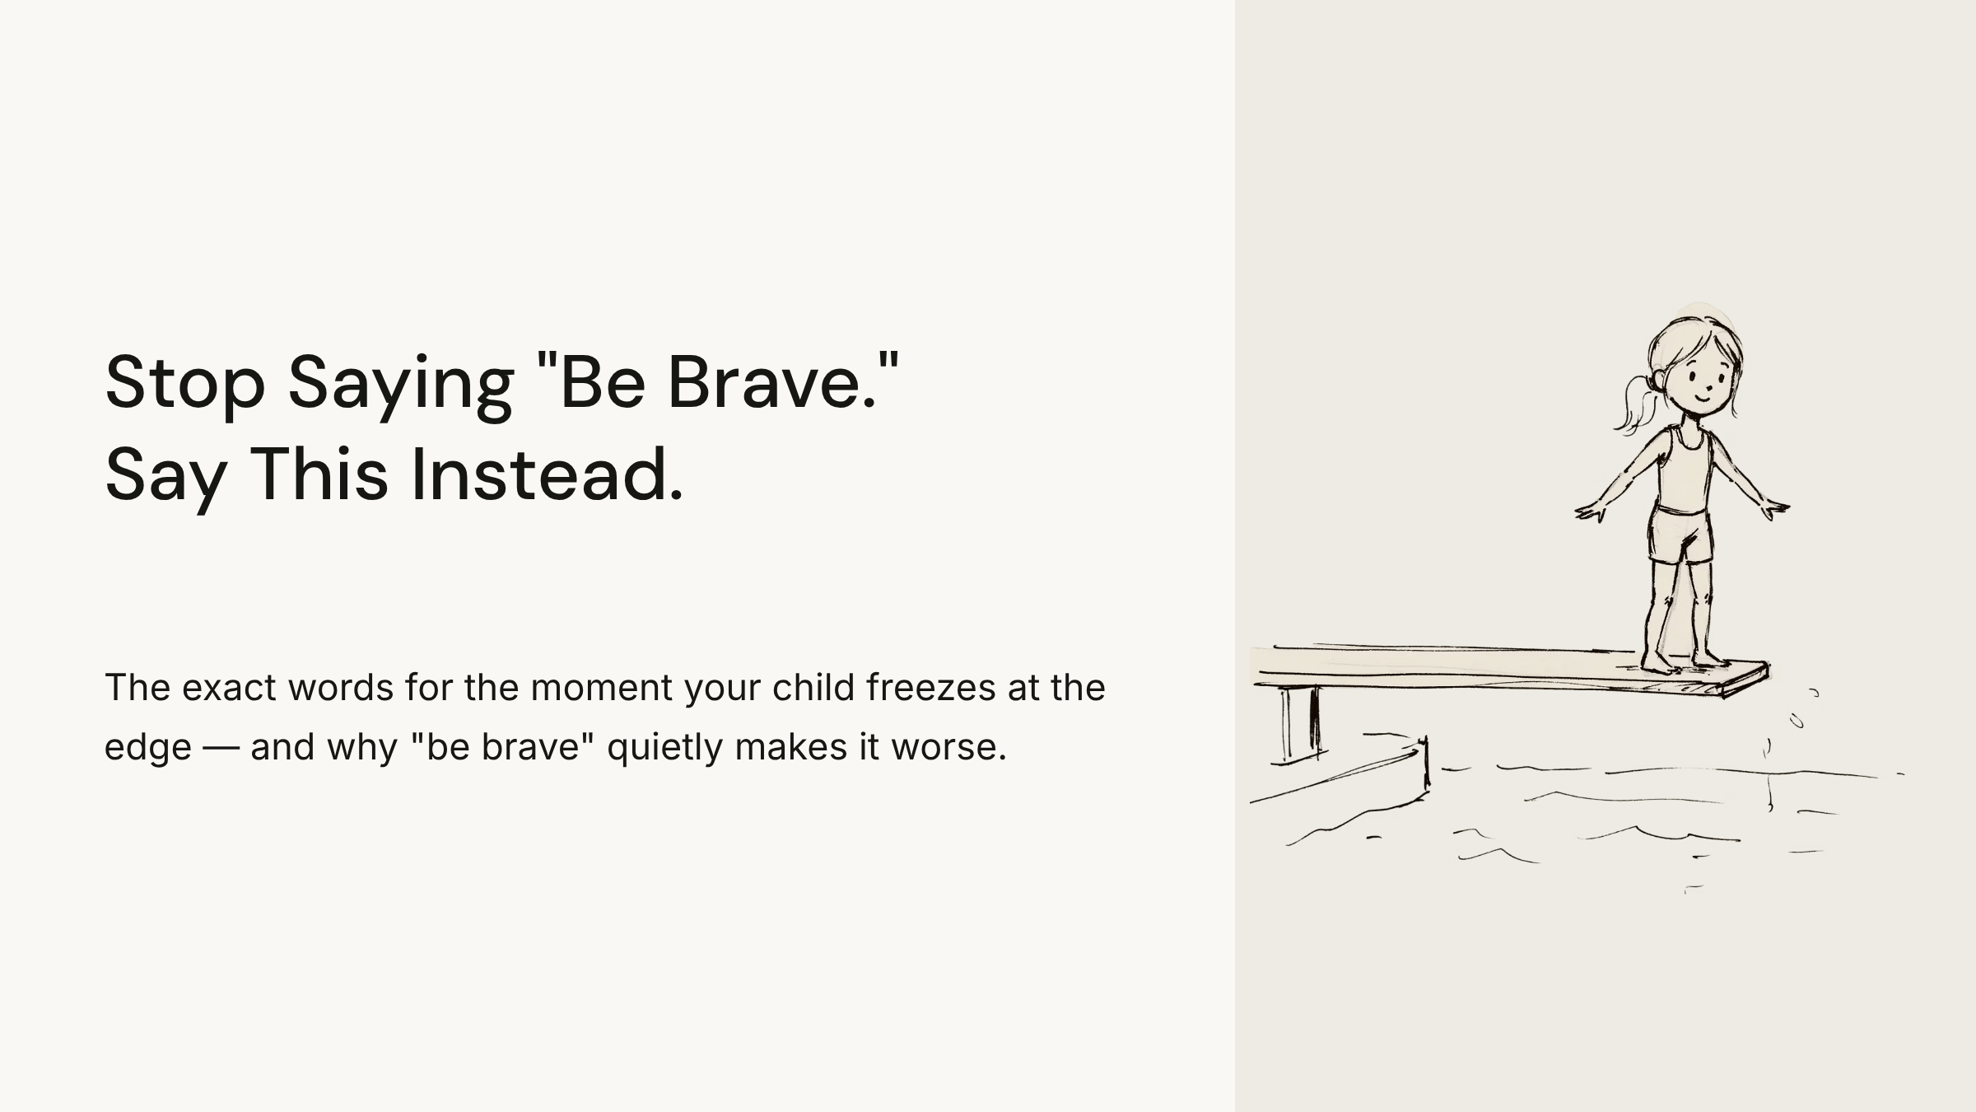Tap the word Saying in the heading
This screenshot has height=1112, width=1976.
(x=401, y=386)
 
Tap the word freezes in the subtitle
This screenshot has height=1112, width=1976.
(x=931, y=687)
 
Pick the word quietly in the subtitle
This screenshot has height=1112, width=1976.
(x=664, y=748)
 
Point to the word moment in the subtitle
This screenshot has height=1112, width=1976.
(x=601, y=688)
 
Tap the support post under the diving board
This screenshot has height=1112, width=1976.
(x=1300, y=722)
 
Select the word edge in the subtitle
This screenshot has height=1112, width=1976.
(x=148, y=748)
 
